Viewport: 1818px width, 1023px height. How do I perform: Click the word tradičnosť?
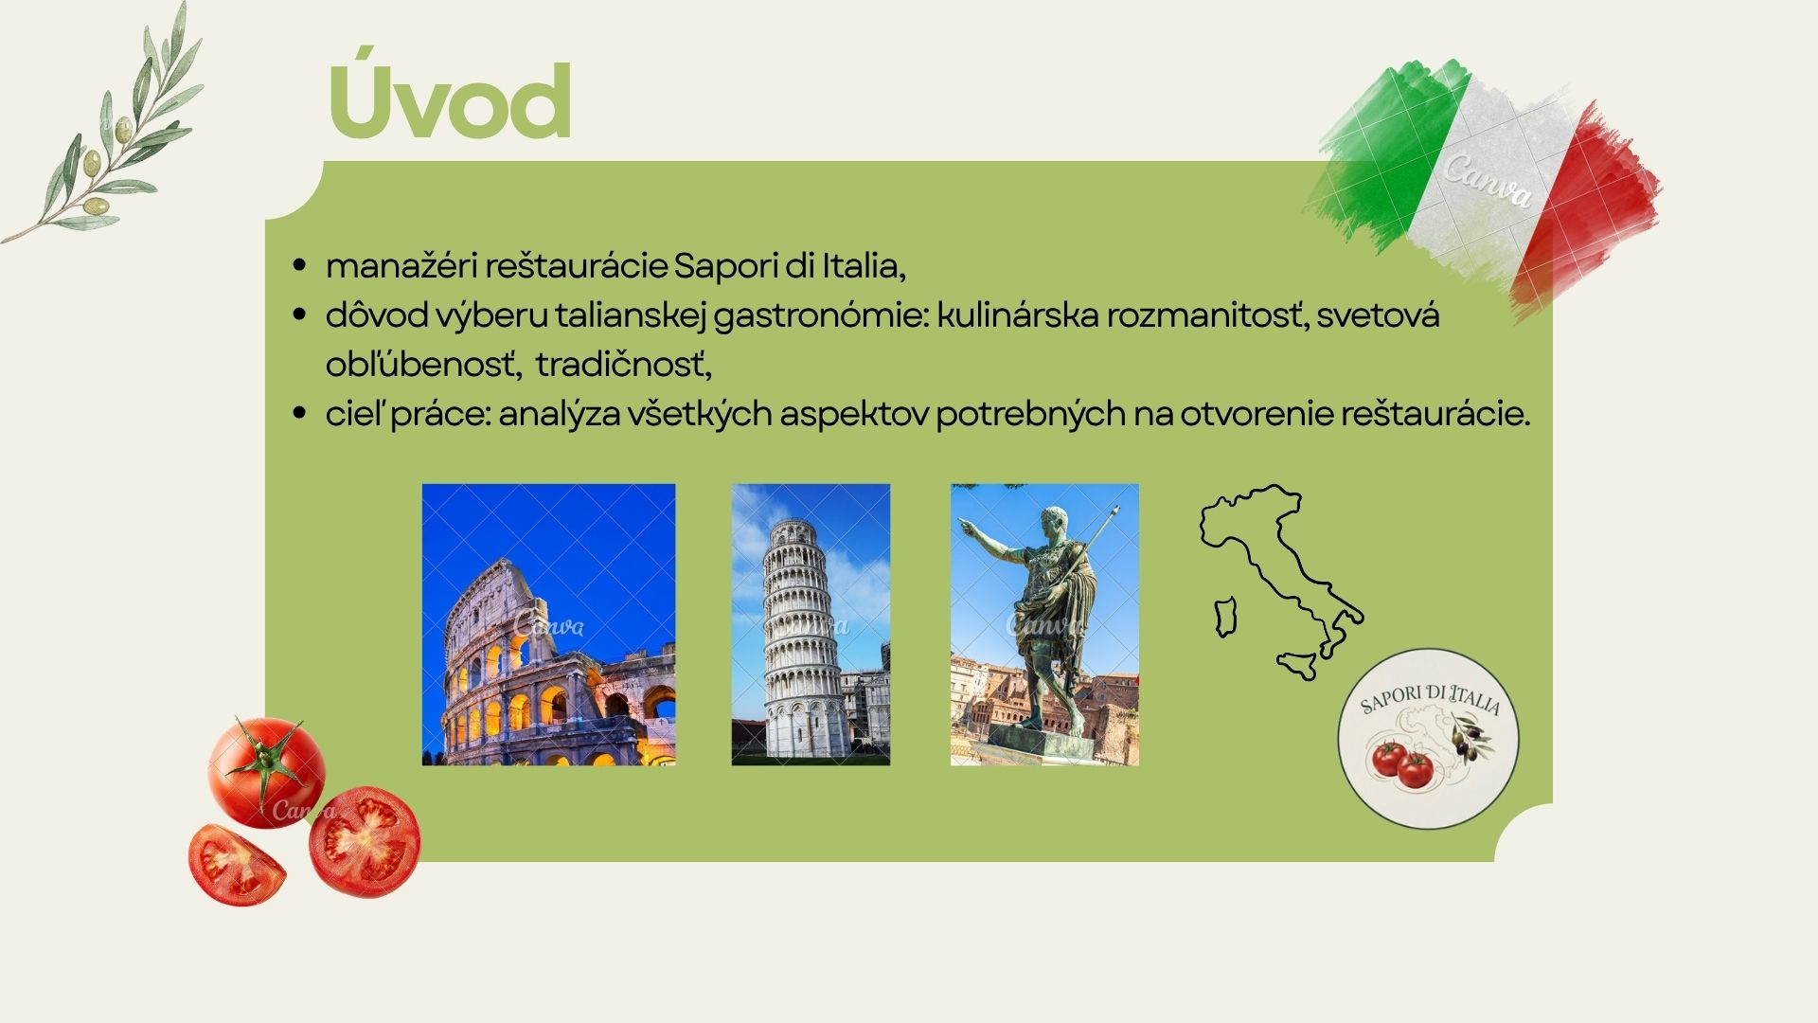coord(623,365)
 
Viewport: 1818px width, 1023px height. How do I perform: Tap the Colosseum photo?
coord(549,624)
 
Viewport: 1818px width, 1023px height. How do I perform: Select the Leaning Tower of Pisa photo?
coord(811,624)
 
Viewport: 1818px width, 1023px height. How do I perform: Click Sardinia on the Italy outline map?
coord(1226,617)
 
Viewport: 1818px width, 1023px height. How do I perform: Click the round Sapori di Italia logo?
coord(1428,738)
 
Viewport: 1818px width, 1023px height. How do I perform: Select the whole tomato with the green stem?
coord(266,771)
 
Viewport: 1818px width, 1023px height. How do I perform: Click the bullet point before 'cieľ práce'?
coord(300,413)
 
